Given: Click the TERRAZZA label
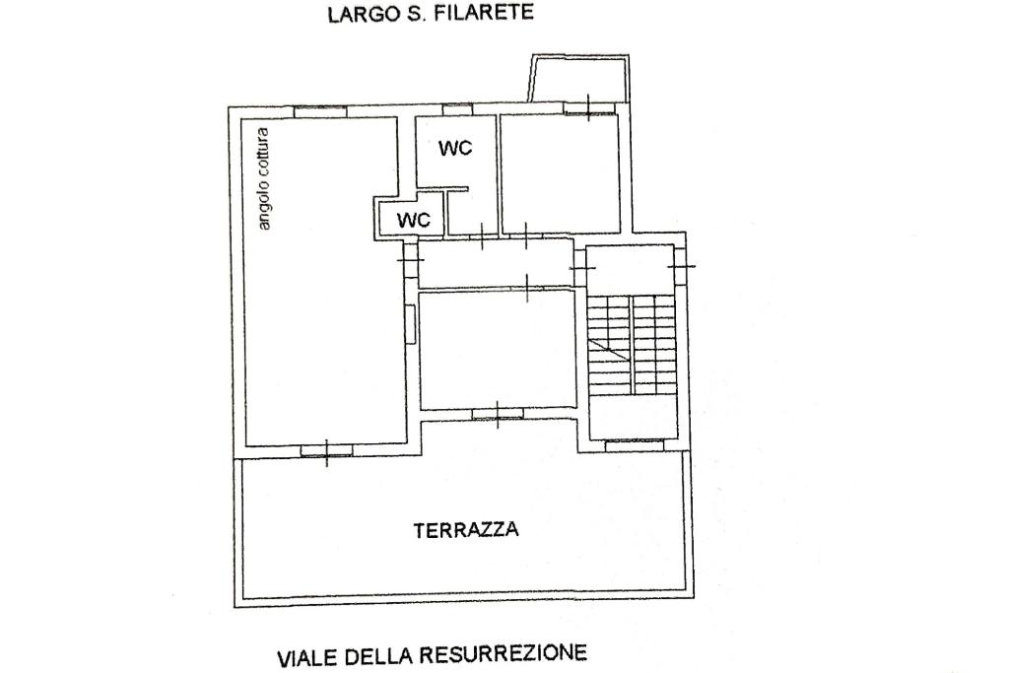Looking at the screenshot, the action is tap(466, 530).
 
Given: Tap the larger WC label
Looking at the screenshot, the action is tap(455, 148).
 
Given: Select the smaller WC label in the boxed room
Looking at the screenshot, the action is tap(413, 220).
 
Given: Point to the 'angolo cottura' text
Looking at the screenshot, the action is tap(263, 179).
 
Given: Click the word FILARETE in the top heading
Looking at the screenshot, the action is tap(484, 13).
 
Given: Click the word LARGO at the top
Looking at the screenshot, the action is tap(361, 14).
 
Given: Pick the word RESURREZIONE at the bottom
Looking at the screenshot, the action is tap(504, 654).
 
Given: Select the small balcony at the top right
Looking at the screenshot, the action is tap(577, 78).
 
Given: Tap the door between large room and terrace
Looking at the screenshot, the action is tap(327, 451).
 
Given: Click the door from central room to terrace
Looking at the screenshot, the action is tap(498, 415).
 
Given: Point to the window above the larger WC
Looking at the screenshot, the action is tap(458, 110).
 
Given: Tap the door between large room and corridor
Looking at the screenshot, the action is tap(411, 260).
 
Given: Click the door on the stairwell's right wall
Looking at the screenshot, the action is tap(681, 265).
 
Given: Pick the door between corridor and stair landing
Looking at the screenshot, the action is tap(580, 267).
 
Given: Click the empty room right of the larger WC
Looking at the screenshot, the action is tap(561, 173).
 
